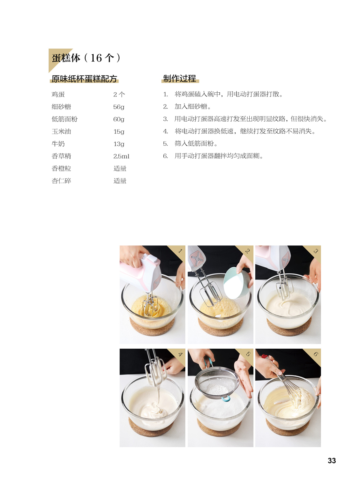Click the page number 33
click(332, 460)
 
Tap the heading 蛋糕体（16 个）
click(86, 58)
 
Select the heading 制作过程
click(179, 79)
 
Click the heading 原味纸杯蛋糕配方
click(84, 79)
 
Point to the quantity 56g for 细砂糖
click(119, 107)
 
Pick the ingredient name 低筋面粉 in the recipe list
click(64, 119)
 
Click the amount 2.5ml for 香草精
click(121, 156)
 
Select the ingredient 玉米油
click(61, 131)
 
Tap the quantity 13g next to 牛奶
click(119, 144)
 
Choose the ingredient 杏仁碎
click(61, 181)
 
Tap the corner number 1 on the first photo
click(180, 250)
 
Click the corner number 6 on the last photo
click(315, 354)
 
